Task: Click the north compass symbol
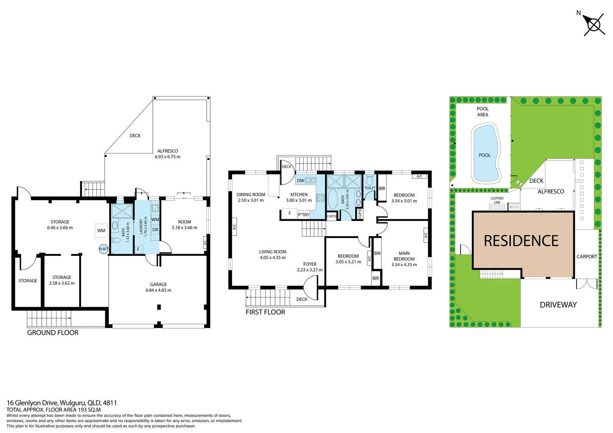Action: (594, 25)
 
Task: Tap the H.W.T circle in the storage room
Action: (104, 249)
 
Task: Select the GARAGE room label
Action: (158, 284)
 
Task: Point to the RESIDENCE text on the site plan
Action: (521, 241)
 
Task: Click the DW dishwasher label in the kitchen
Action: (300, 181)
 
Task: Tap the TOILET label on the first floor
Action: (370, 188)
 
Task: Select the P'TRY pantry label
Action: (304, 215)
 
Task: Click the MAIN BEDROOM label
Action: (404, 256)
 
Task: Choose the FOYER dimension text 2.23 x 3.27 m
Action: (310, 270)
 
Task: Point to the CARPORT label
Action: (587, 257)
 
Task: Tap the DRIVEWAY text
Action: (558, 305)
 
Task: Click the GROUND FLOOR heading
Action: (53, 333)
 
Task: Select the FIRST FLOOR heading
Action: (265, 312)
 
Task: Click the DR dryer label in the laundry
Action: (155, 230)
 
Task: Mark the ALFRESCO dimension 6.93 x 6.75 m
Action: (168, 157)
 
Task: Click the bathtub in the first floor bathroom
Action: (333, 199)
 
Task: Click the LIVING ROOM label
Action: (273, 252)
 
